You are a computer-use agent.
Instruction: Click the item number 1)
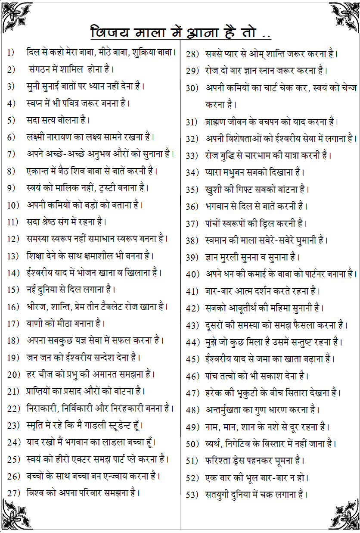tap(11, 53)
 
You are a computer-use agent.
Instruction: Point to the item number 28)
tap(192, 54)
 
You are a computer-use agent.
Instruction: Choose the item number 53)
tap(192, 495)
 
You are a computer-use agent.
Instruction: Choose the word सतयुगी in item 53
tap(217, 495)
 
